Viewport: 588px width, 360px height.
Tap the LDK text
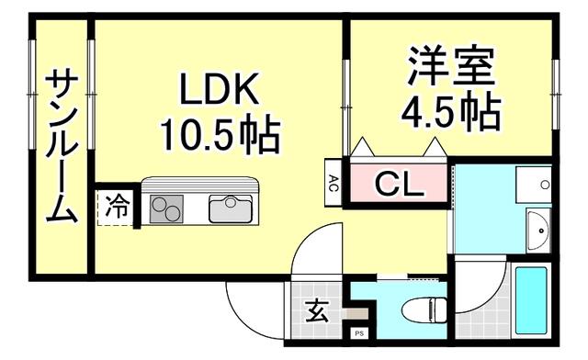pos(220,93)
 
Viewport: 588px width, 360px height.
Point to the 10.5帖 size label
pos(220,136)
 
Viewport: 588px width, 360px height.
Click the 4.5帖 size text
pos(450,111)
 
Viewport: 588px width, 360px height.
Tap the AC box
pos(334,182)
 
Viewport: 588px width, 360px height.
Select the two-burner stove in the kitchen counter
pos(167,208)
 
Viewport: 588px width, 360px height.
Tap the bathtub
pos(530,301)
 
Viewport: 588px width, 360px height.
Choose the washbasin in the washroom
pos(537,223)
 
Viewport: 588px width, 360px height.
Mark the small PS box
pos(359,332)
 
